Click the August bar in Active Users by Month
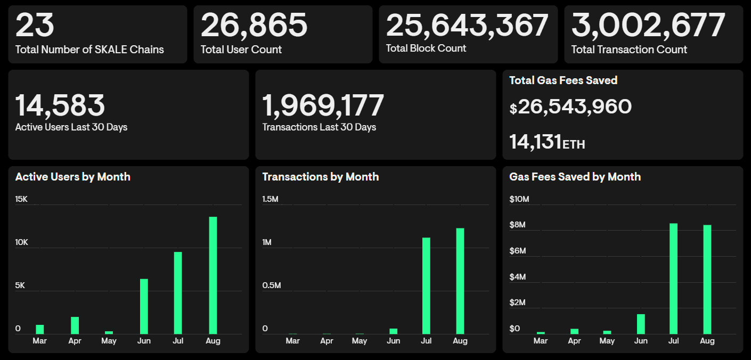pos(213,275)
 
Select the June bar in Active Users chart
pos(144,306)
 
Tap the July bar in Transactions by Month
pos(426,285)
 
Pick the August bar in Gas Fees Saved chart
pos(707,279)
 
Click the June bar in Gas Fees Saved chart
pos(641,324)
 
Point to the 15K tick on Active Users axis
pos(21,199)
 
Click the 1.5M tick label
pos(271,199)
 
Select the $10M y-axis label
pos(519,199)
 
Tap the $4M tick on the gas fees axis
pos(518,277)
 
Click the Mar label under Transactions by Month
pos(292,341)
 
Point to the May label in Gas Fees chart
pos(607,341)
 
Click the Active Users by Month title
pos(72,177)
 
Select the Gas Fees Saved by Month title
pos(575,177)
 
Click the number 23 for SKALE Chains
pos(35,25)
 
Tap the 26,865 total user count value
pos(254,25)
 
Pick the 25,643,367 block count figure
pos(467,25)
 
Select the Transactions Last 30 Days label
pos(319,127)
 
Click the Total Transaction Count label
pos(629,50)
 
